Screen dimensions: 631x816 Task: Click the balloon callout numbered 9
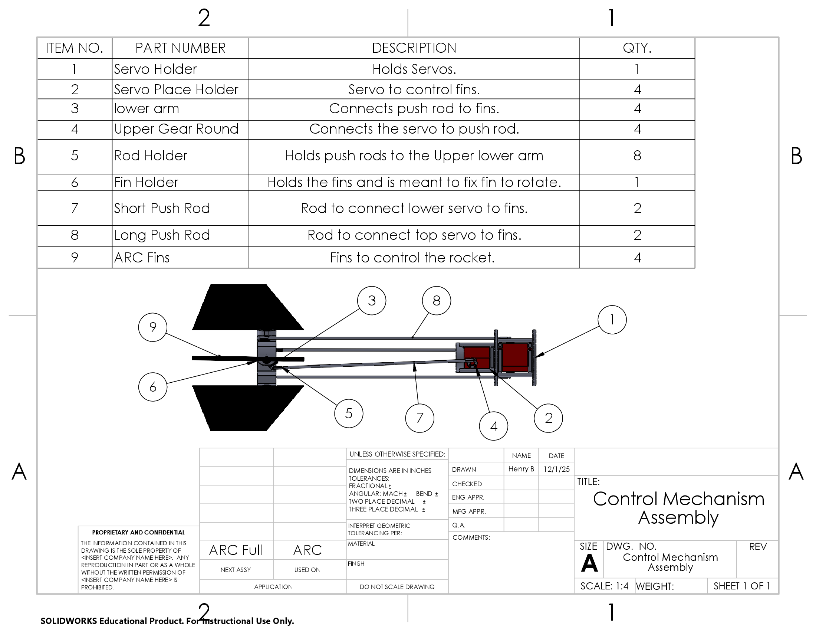click(152, 327)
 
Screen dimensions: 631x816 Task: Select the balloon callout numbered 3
click(371, 301)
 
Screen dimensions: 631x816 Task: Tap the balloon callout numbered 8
click(437, 301)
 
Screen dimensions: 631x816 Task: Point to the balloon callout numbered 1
click(612, 320)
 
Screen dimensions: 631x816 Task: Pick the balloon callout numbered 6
click(152, 387)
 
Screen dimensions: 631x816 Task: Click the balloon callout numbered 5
click(349, 413)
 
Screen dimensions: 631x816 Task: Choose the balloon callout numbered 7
click(419, 418)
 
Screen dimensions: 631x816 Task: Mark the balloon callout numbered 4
click(494, 426)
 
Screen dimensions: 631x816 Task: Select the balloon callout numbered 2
click(548, 418)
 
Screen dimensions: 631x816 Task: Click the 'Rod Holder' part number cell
click(151, 156)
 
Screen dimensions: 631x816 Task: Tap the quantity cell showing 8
click(637, 156)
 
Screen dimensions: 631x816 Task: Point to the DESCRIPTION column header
click(414, 48)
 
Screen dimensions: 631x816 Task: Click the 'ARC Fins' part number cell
click(142, 258)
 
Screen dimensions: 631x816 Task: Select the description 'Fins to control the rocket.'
click(412, 258)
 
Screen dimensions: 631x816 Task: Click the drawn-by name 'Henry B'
click(521, 469)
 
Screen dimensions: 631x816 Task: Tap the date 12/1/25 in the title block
click(556, 469)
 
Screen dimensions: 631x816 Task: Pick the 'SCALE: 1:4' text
click(604, 586)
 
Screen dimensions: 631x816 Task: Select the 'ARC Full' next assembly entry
click(236, 550)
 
